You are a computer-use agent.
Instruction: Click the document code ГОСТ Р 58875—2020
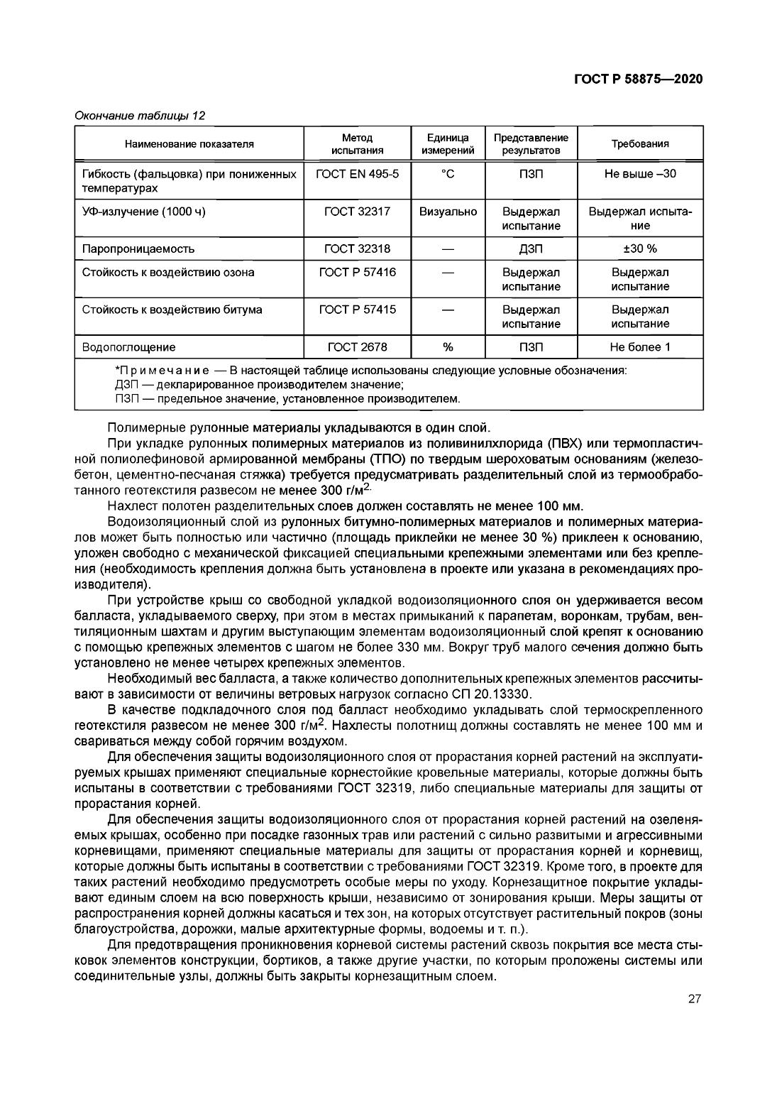[638, 80]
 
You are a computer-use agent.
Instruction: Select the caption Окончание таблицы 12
[140, 115]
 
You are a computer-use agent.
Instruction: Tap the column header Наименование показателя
[189, 144]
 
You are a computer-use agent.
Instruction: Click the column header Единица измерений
[448, 144]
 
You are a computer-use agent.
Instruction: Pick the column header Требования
[640, 144]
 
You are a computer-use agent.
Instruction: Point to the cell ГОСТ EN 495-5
[357, 174]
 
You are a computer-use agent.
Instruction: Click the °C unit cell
[448, 174]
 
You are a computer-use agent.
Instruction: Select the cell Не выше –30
[640, 174]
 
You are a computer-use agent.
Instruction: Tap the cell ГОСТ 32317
[357, 212]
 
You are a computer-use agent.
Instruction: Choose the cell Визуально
[448, 212]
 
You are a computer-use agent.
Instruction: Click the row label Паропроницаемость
[138, 249]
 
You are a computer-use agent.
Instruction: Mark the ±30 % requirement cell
[640, 249]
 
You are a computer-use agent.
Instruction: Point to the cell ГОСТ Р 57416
[357, 273]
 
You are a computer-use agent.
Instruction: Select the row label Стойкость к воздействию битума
[172, 310]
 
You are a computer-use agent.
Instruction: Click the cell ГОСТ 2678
[357, 347]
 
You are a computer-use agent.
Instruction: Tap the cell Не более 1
[640, 347]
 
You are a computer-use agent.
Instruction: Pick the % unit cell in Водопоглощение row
[448, 347]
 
